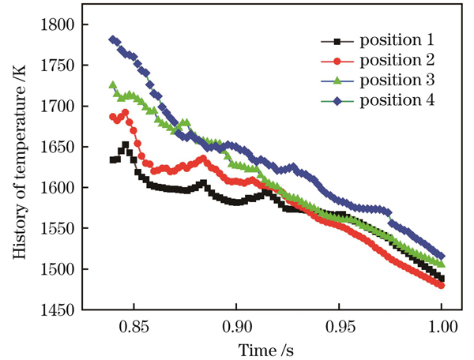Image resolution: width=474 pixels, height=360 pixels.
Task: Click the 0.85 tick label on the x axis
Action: (x=134, y=326)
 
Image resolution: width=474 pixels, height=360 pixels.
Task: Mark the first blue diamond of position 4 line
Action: (x=113, y=39)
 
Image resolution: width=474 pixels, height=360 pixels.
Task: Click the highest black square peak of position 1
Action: (x=126, y=145)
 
